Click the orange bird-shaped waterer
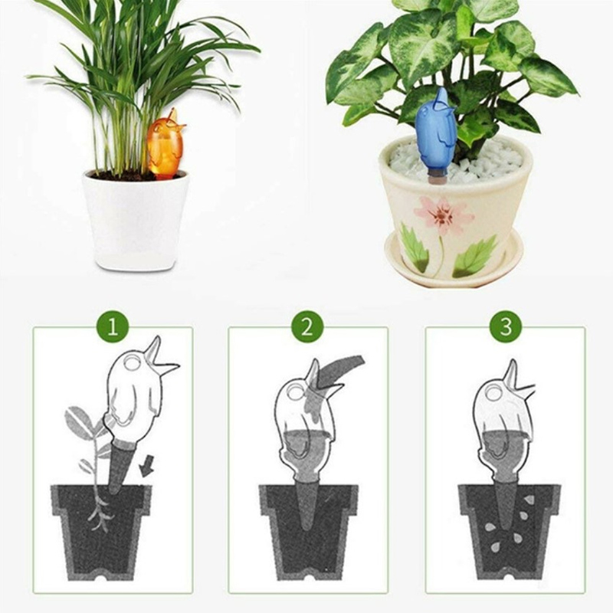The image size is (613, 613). (166, 145)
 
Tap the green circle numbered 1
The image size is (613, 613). (113, 327)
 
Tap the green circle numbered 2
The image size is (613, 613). (307, 327)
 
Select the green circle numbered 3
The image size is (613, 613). (506, 327)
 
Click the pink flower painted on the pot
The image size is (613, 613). (444, 215)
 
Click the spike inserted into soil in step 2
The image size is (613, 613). (306, 504)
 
